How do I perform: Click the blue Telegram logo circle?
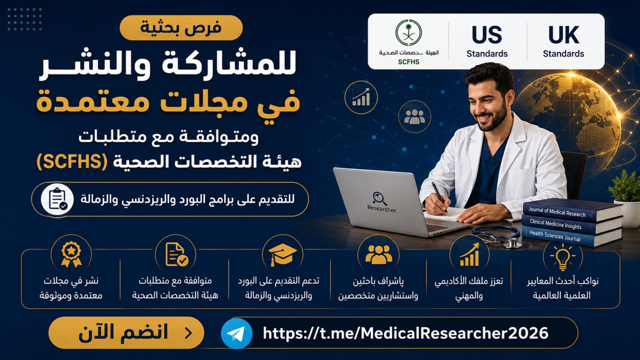pyautogui.click(x=236, y=334)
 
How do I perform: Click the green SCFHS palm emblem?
pyautogui.click(x=408, y=33)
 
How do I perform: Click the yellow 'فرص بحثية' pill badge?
pyautogui.click(x=181, y=28)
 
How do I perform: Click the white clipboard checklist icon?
pyautogui.click(x=57, y=199)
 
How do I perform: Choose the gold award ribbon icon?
pyautogui.click(x=71, y=254)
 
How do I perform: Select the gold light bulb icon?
pyautogui.click(x=562, y=256)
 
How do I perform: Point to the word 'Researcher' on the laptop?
pyautogui.click(x=382, y=209)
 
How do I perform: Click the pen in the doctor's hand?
pyautogui.click(x=440, y=198)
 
